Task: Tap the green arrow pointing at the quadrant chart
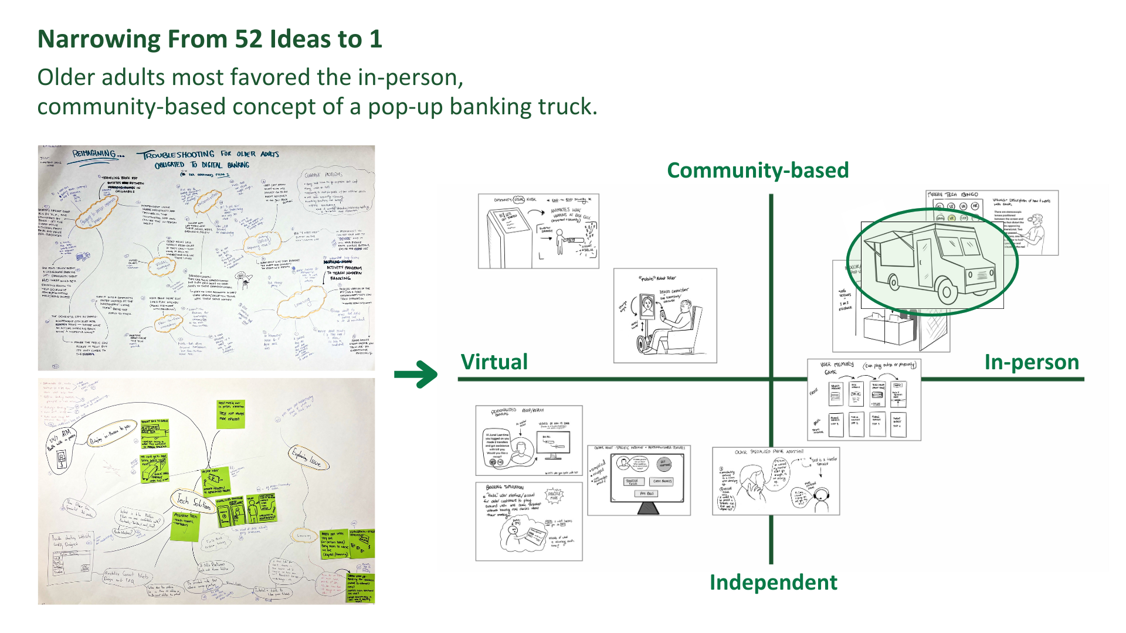[x=416, y=374]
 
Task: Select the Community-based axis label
[x=758, y=171]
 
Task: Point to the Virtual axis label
[x=494, y=362]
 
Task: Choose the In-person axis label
[x=1032, y=362]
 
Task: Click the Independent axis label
[x=773, y=583]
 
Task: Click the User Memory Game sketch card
[x=864, y=400]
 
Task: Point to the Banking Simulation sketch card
[x=528, y=521]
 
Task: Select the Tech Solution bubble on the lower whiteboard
[x=194, y=501]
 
